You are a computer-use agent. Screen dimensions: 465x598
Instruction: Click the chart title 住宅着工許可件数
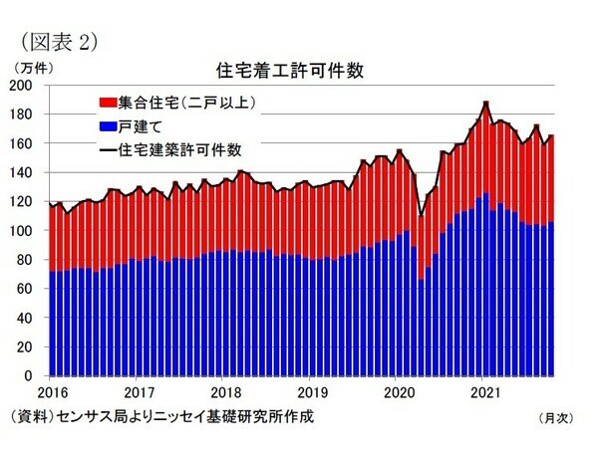pyautogui.click(x=289, y=71)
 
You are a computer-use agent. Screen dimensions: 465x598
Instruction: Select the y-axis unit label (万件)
pyautogui.click(x=36, y=68)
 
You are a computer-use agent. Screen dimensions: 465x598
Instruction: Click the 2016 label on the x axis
pyautogui.click(x=54, y=391)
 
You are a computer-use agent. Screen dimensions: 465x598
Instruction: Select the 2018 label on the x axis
pyautogui.click(x=225, y=391)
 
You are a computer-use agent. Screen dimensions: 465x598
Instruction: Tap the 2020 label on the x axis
pyautogui.click(x=397, y=391)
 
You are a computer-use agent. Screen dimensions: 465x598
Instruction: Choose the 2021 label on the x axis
pyautogui.click(x=482, y=391)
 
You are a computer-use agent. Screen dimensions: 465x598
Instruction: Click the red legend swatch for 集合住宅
pyautogui.click(x=107, y=103)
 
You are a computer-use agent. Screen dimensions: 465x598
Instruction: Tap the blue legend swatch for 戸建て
pyautogui.click(x=107, y=126)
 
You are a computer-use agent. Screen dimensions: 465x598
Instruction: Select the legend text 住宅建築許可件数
pyautogui.click(x=179, y=150)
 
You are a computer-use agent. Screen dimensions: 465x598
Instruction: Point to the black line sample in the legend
pyautogui.click(x=107, y=150)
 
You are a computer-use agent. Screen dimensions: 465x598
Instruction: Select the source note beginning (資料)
pyautogui.click(x=159, y=416)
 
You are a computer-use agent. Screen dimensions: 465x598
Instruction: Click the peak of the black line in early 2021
pyautogui.click(x=485, y=102)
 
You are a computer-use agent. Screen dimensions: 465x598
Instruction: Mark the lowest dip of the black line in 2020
pyautogui.click(x=421, y=215)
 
